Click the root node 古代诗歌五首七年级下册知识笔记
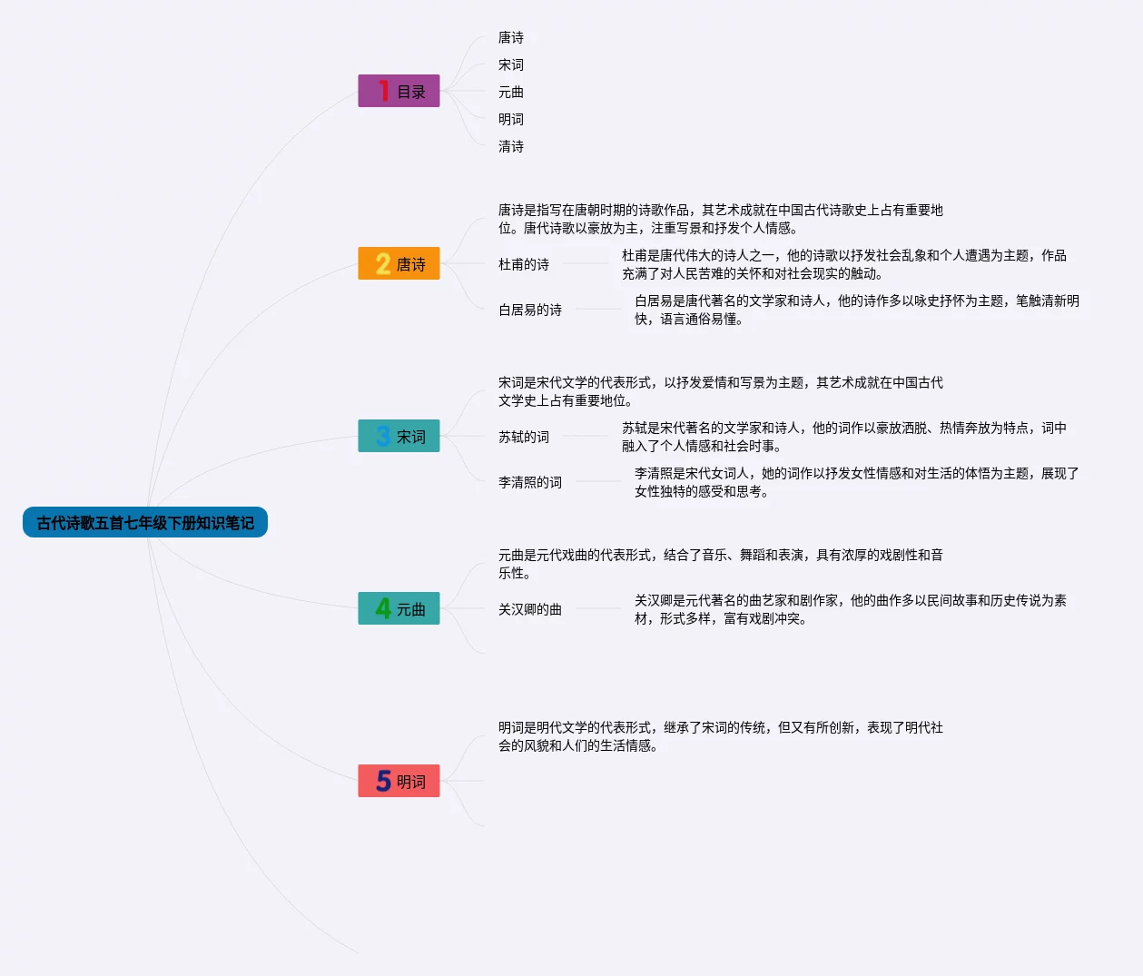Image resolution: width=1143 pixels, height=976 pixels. pyautogui.click(x=145, y=522)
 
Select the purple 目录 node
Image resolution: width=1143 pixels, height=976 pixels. pyautogui.click(x=399, y=91)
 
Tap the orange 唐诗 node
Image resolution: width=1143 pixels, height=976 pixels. pyautogui.click(x=399, y=263)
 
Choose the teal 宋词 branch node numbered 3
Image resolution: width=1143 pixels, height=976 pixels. pyautogui.click(x=399, y=436)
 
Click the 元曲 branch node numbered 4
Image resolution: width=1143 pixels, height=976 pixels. pyautogui.click(x=399, y=608)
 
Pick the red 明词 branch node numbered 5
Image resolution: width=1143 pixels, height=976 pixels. pyautogui.click(x=399, y=781)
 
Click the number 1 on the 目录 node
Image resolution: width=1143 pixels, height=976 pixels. pyautogui.click(x=383, y=91)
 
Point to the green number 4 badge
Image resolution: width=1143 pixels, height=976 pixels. pyautogui.click(x=383, y=608)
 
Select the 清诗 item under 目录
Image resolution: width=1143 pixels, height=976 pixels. pyautogui.click(x=511, y=146)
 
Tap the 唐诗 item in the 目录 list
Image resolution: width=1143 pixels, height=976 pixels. pyautogui.click(x=511, y=37)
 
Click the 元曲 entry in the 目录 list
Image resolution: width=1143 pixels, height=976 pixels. pyautogui.click(x=511, y=92)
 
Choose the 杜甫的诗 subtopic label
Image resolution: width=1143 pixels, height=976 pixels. pyautogui.click(x=524, y=264)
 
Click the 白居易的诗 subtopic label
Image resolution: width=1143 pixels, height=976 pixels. pyautogui.click(x=530, y=310)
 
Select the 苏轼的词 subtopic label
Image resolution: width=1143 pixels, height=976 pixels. pyautogui.click(x=524, y=437)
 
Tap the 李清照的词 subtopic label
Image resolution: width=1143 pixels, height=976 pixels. pyautogui.click(x=530, y=482)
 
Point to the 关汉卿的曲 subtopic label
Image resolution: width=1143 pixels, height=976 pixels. pyautogui.click(x=530, y=609)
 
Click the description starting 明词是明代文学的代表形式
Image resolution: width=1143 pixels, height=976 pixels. pyautogui.click(x=720, y=736)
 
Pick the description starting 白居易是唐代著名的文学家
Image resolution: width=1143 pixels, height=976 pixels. pyautogui.click(x=856, y=310)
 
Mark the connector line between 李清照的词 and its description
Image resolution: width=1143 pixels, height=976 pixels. pyautogui.click(x=597, y=481)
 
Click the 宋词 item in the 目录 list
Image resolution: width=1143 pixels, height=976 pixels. pyautogui.click(x=511, y=64)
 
